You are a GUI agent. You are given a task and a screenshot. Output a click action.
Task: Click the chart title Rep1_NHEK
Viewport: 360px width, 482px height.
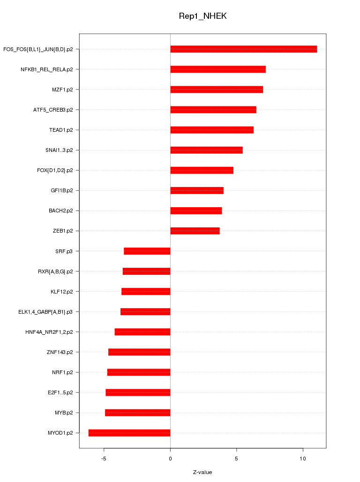tap(202, 16)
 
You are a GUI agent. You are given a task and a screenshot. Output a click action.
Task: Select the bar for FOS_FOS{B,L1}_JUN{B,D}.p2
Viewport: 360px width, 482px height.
tap(243, 49)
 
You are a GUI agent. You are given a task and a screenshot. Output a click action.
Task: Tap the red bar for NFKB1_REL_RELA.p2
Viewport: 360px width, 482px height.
tap(218, 69)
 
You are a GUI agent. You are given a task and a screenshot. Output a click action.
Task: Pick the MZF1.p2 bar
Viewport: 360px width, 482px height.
tap(217, 90)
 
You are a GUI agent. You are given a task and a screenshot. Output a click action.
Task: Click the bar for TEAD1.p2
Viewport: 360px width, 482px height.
tap(212, 130)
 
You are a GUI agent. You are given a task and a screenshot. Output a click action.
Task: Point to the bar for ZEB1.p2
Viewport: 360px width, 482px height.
tap(195, 231)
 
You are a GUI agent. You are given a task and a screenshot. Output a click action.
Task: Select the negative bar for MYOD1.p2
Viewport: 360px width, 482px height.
tap(129, 433)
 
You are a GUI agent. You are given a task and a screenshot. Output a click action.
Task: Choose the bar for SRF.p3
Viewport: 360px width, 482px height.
tap(147, 251)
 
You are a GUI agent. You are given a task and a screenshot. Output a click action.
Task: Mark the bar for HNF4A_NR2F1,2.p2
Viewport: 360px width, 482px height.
tap(142, 332)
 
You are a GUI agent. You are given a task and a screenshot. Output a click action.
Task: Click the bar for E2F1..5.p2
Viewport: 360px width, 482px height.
tap(138, 392)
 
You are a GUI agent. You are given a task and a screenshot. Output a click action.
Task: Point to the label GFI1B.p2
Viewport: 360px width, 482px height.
tap(62, 190)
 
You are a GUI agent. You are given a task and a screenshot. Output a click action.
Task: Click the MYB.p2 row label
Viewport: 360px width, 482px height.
tap(64, 413)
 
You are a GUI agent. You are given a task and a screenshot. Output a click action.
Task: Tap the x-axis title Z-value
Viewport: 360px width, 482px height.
tap(202, 472)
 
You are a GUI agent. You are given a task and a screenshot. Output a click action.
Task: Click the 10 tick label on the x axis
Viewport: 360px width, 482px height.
tap(303, 458)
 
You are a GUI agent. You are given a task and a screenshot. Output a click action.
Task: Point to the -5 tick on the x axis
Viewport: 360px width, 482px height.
tap(104, 458)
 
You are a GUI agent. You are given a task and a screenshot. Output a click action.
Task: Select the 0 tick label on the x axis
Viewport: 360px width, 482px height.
tap(170, 458)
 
